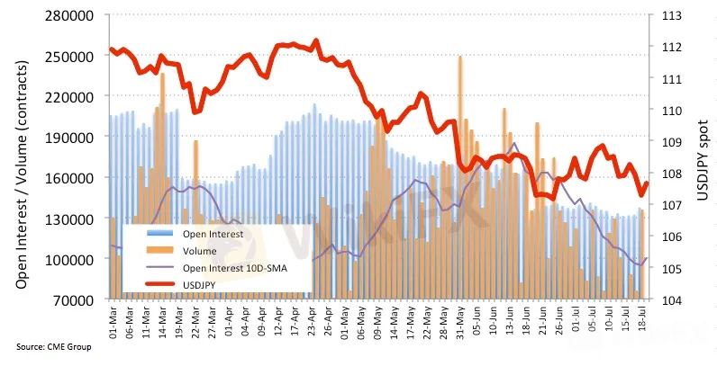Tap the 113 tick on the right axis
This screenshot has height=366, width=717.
[x=671, y=14]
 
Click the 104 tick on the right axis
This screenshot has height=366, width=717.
[x=671, y=299]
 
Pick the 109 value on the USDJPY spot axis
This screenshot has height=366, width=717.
[x=671, y=141]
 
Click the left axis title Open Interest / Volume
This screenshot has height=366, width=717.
[x=21, y=157]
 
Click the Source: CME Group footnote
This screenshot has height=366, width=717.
[x=53, y=346]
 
